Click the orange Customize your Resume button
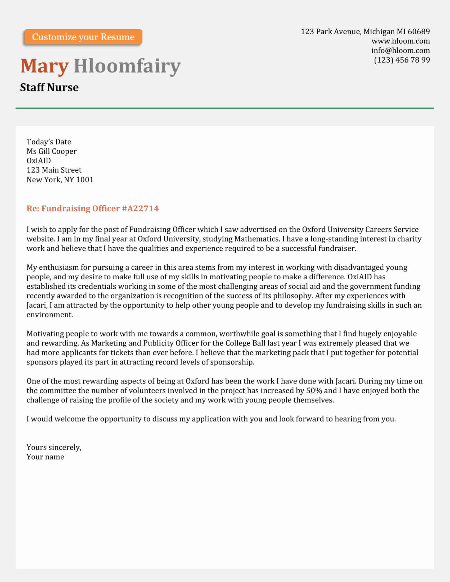pos(83,37)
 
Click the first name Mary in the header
pos(44,66)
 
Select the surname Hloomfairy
pos(127,66)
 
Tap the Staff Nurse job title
pos(49,87)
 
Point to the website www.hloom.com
pos(400,41)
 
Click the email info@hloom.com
pos(400,50)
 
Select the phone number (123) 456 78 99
pos(402,60)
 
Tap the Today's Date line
pos(49,142)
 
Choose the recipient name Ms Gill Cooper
pos(51,151)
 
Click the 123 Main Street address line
pos(54,170)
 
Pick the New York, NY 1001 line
pos(60,180)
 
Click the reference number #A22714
pos(140,208)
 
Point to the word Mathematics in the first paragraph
pos(257,239)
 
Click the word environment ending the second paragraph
pos(49,315)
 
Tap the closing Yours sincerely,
pos(54,447)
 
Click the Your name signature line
pos(45,457)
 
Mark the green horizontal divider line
pos(224,108)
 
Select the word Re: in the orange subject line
pos(33,208)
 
